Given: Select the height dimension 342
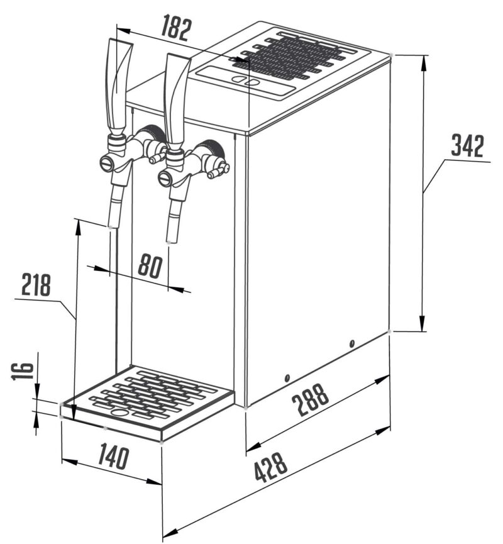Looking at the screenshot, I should click(468, 146).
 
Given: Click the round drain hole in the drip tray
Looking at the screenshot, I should click(118, 413).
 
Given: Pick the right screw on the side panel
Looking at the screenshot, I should click(352, 343).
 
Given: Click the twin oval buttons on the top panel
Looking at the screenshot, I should click(244, 80).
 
